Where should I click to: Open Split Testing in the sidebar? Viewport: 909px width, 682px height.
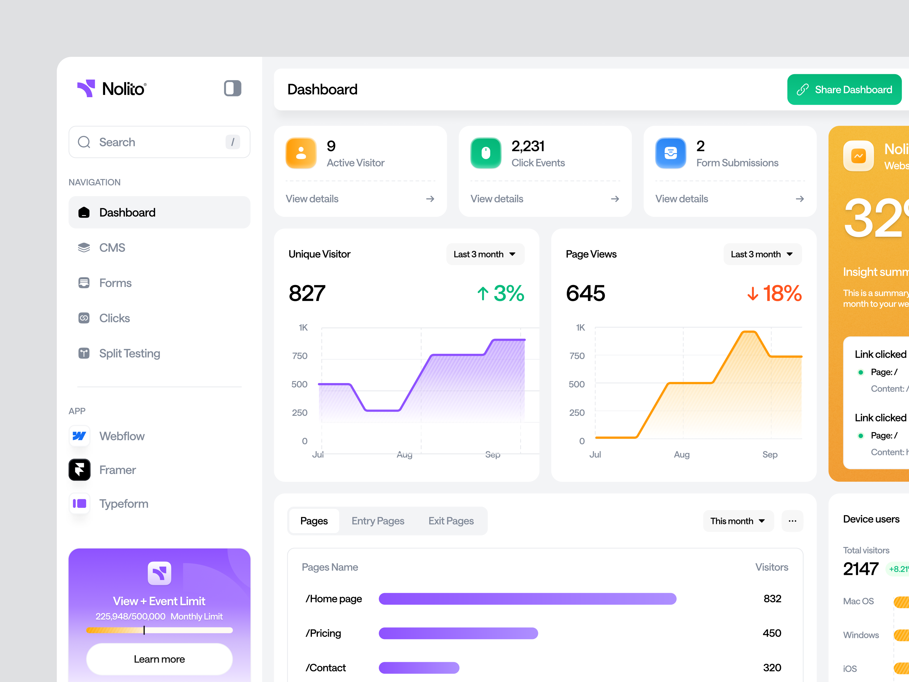(x=130, y=354)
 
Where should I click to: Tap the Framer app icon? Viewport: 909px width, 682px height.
(x=79, y=470)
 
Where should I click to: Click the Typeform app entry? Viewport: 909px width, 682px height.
(x=123, y=504)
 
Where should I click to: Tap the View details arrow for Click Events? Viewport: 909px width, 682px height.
(x=615, y=199)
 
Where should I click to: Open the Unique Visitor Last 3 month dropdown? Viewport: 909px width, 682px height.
(x=485, y=254)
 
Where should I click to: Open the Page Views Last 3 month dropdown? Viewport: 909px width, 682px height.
(x=762, y=254)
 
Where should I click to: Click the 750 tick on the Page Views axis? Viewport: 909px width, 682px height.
(x=577, y=356)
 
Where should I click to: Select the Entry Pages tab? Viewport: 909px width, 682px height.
(x=378, y=521)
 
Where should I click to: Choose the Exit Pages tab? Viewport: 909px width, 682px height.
(x=451, y=521)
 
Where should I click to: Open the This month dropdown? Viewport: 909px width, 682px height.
(x=738, y=521)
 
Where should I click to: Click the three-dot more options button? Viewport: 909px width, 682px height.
(x=792, y=521)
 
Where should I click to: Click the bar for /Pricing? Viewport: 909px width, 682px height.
(x=458, y=633)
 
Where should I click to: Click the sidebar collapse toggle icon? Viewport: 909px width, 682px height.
(x=233, y=88)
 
